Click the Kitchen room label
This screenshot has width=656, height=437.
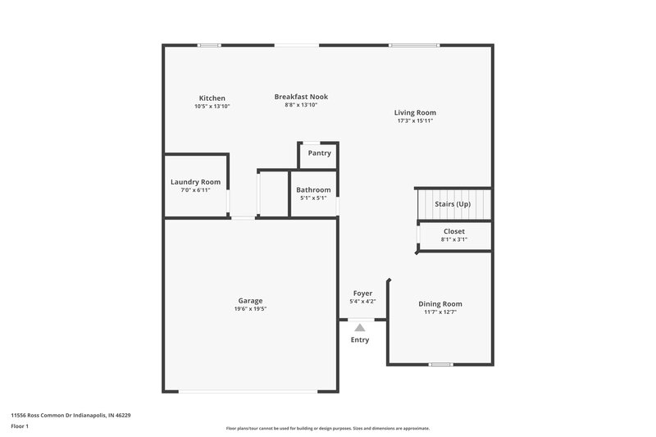pyautogui.click(x=212, y=98)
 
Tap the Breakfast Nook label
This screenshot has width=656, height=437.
pyautogui.click(x=301, y=97)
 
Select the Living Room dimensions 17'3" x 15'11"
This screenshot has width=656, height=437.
pyautogui.click(x=415, y=121)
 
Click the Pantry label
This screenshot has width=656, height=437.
pyautogui.click(x=319, y=153)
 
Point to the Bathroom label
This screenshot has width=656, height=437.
pyautogui.click(x=313, y=190)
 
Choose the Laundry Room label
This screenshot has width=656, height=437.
pyautogui.click(x=195, y=182)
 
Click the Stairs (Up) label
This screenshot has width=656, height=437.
pyautogui.click(x=453, y=203)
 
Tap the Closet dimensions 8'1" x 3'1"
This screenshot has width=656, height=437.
pyautogui.click(x=453, y=239)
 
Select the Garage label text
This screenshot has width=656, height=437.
pyautogui.click(x=250, y=300)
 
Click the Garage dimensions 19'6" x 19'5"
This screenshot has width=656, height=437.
pyautogui.click(x=250, y=308)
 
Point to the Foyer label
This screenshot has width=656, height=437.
pyautogui.click(x=362, y=294)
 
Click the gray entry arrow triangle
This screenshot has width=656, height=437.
pyautogui.click(x=360, y=327)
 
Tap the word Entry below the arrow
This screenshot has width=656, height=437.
pyautogui.click(x=360, y=339)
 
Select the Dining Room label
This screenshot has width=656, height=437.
pyautogui.click(x=440, y=304)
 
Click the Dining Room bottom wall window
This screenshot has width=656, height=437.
pyautogui.click(x=440, y=364)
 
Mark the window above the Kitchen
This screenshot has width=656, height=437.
pyautogui.click(x=209, y=45)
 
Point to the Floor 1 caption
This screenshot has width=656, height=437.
pyautogui.click(x=20, y=426)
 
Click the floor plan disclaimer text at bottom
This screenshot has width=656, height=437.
pyautogui.click(x=328, y=428)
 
